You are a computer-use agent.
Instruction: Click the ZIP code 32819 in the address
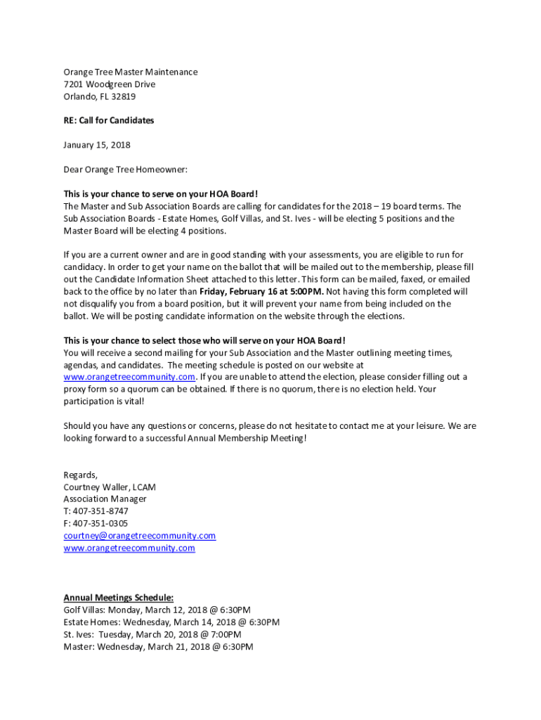(x=123, y=96)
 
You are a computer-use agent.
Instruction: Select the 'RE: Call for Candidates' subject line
(x=108, y=120)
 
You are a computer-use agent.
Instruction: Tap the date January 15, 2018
(x=97, y=145)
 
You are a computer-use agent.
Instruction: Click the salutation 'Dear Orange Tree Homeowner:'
(x=126, y=169)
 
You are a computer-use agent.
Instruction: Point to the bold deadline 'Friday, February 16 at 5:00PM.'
(x=261, y=291)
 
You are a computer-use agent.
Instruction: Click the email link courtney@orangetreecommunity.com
(x=139, y=536)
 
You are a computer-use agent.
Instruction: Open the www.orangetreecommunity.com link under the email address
(x=129, y=548)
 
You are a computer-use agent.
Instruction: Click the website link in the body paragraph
(x=129, y=376)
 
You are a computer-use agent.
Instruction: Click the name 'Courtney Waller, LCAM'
(x=110, y=487)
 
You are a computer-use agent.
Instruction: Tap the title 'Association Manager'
(x=105, y=499)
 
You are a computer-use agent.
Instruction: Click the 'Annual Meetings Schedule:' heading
(x=113, y=598)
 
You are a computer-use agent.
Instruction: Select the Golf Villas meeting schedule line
(x=157, y=610)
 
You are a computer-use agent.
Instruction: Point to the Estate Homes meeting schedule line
(x=171, y=622)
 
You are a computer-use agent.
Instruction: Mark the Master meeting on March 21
(x=158, y=646)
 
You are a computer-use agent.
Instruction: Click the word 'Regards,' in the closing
(x=80, y=475)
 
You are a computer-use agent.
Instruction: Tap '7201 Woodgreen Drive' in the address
(x=110, y=84)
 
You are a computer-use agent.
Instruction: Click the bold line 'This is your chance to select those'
(x=204, y=340)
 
